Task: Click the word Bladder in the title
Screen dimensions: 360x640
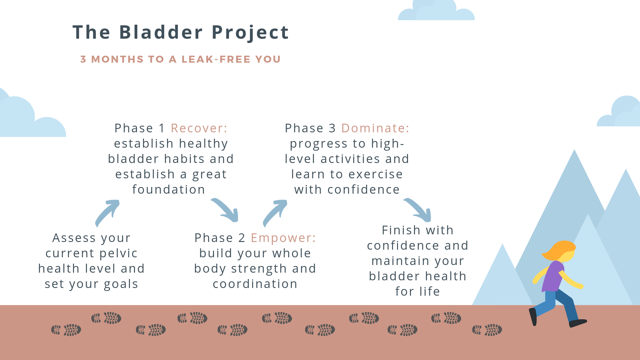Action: click(x=161, y=32)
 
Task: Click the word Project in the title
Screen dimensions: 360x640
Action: click(x=250, y=33)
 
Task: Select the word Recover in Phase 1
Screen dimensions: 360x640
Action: click(x=199, y=128)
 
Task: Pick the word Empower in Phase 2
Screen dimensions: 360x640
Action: click(x=283, y=238)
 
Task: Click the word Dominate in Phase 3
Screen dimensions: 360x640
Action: click(x=375, y=128)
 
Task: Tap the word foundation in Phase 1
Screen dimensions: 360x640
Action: click(x=169, y=190)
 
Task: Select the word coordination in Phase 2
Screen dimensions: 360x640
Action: click(x=255, y=284)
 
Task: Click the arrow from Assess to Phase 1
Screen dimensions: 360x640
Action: click(x=107, y=213)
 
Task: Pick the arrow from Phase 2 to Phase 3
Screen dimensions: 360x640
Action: click(x=275, y=213)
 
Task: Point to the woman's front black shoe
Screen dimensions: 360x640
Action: click(x=578, y=323)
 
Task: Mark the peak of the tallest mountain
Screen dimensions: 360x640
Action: click(x=574, y=151)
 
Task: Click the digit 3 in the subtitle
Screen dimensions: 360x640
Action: click(x=83, y=59)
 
